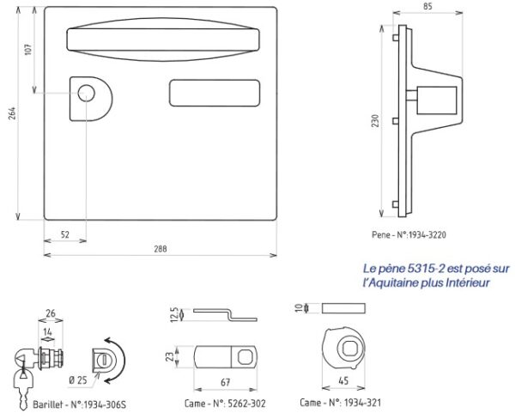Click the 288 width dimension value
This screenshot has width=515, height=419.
click(161, 248)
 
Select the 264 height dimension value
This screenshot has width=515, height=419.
click(11, 113)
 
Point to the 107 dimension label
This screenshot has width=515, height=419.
click(28, 49)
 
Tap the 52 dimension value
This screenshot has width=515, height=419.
click(65, 234)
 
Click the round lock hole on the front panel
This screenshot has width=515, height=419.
click(86, 93)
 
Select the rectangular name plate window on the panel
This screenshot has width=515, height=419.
click(215, 93)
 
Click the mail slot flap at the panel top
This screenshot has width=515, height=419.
click(163, 39)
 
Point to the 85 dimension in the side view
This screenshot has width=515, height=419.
click(427, 6)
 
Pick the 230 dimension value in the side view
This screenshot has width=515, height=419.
click(375, 121)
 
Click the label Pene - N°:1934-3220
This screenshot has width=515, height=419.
click(409, 234)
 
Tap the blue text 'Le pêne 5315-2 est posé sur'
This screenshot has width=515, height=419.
click(436, 269)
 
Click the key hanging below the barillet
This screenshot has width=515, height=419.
click(23, 385)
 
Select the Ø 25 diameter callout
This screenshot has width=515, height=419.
click(78, 380)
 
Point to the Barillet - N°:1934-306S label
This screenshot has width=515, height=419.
click(79, 404)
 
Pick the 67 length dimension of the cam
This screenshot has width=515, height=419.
click(225, 383)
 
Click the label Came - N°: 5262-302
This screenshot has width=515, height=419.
click(225, 404)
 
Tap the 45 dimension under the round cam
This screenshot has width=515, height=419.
click(343, 381)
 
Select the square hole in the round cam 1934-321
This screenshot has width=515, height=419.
click(349, 348)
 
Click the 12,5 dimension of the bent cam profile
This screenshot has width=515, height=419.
click(175, 314)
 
